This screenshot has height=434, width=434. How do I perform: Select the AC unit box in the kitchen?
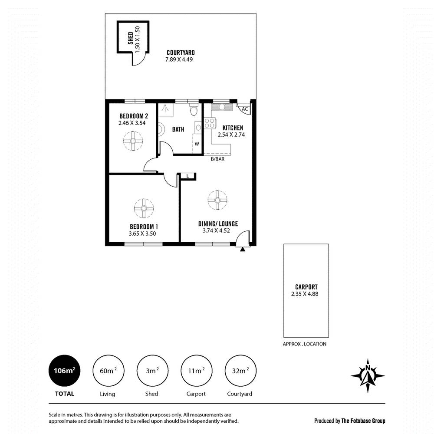[x=244, y=109]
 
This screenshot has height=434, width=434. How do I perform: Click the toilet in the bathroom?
[x=194, y=112]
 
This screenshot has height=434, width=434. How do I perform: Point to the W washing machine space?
[x=197, y=144]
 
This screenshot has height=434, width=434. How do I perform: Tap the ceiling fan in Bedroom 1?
[x=144, y=208]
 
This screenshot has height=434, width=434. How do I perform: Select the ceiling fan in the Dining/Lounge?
[x=217, y=200]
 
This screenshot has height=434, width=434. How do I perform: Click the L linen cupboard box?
[x=187, y=176]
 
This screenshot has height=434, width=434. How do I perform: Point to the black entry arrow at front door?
[x=243, y=249]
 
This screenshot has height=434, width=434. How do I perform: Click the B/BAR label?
[x=217, y=159]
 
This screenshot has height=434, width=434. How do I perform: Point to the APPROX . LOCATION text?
[x=304, y=344]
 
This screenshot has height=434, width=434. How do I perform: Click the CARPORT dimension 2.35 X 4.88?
[x=306, y=293]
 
